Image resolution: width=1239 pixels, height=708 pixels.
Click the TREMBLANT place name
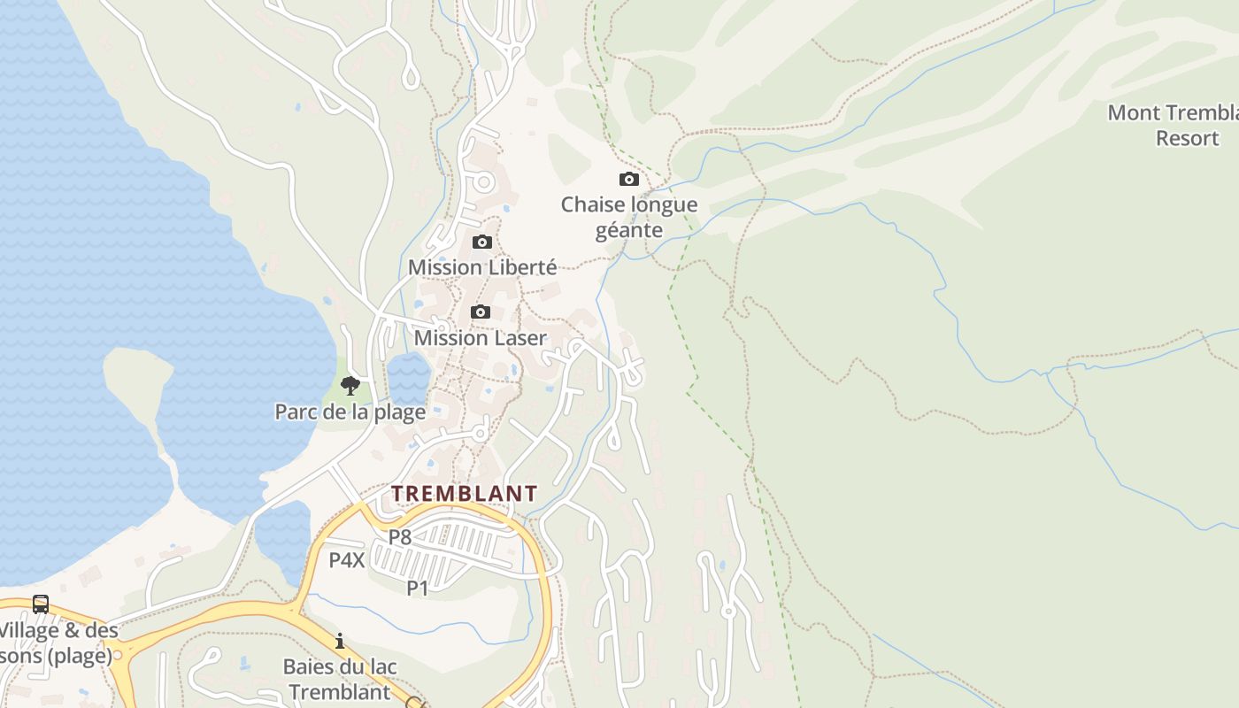[465, 494]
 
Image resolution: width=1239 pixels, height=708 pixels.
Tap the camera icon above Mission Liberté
[482, 242]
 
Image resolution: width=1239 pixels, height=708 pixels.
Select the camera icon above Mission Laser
[481, 312]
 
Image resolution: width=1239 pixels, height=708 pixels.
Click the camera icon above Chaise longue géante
[628, 180]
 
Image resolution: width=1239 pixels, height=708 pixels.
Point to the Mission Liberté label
[482, 267]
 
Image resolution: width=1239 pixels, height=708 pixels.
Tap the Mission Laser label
[481, 338]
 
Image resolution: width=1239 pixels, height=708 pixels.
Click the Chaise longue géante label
[629, 217]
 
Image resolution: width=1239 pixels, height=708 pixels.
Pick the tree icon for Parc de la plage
[350, 385]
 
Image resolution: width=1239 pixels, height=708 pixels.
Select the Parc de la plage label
[350, 412]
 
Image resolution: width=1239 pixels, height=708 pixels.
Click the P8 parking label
[400, 536]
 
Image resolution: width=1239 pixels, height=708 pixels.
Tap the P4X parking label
[347, 560]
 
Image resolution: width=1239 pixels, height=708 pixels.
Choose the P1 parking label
[418, 588]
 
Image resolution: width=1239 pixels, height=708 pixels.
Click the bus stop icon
[41, 604]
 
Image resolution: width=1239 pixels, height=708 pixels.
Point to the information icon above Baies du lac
[340, 641]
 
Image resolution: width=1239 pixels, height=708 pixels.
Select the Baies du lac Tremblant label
[340, 679]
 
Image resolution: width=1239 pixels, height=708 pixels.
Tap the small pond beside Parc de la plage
[408, 375]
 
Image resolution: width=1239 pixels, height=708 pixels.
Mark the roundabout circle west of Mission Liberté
[484, 183]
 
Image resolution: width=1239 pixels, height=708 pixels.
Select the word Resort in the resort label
[1188, 139]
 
